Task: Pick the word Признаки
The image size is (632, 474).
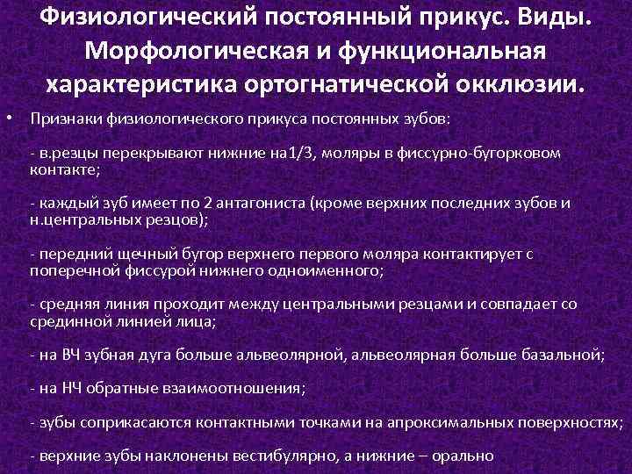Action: [x=61, y=118]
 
